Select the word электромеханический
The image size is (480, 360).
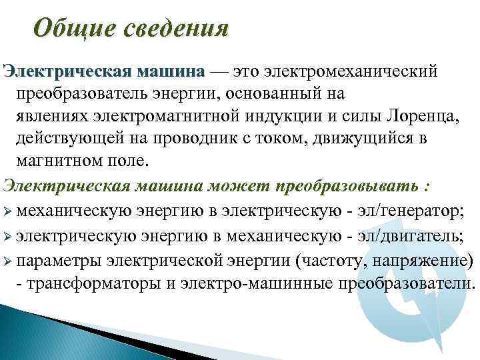click(x=351, y=71)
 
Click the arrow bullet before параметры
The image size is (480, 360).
click(x=7, y=260)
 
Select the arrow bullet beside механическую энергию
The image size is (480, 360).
click(x=7, y=212)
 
